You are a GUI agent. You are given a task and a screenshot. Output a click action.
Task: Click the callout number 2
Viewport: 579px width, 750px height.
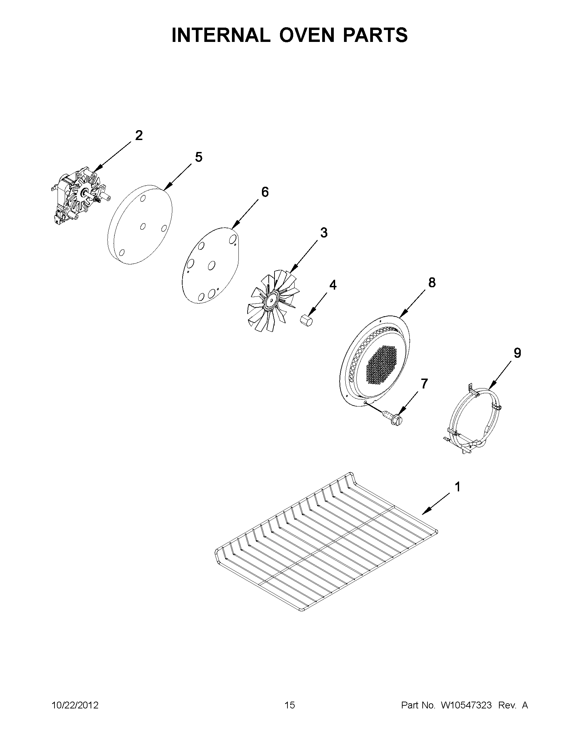[139, 136]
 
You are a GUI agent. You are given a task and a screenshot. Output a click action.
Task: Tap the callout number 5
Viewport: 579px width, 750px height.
[199, 157]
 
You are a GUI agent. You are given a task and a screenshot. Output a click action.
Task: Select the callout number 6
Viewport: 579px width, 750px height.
[265, 192]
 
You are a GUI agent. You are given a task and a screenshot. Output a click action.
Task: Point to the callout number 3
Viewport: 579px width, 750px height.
[324, 232]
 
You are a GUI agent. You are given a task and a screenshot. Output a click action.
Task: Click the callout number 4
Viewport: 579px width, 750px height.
[332, 285]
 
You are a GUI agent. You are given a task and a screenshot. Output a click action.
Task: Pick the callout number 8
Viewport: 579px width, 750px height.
[432, 282]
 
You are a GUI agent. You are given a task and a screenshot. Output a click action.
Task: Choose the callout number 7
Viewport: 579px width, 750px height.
[424, 384]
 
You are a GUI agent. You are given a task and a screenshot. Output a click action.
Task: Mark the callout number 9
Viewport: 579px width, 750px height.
[517, 353]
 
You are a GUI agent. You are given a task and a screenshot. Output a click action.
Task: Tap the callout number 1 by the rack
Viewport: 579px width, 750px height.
[457, 487]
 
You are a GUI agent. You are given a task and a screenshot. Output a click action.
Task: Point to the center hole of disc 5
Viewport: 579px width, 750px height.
[143, 226]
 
